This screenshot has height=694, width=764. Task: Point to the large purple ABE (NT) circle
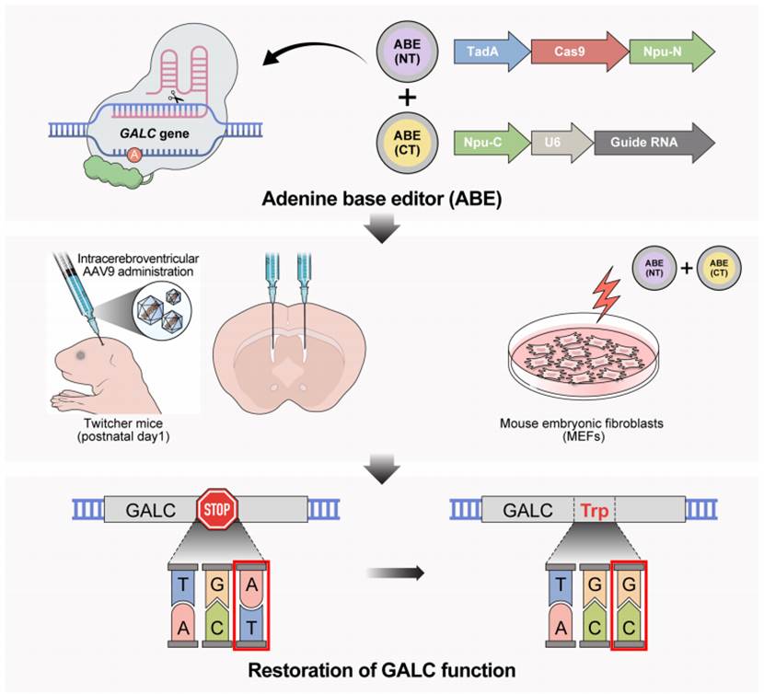coord(407,52)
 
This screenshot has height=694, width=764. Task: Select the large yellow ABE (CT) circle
coord(407,143)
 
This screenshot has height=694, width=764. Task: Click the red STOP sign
coord(217,509)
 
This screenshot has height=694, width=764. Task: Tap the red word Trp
coord(595,510)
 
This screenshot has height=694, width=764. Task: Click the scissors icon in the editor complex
coord(176,97)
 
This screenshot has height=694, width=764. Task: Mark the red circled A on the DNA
coord(134,155)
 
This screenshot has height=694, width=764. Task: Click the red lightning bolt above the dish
coord(606,295)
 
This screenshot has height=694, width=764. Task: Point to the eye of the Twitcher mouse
coord(80,355)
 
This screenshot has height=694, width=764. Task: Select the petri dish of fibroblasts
coord(585,359)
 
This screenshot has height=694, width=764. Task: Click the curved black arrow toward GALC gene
coord(314,52)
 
